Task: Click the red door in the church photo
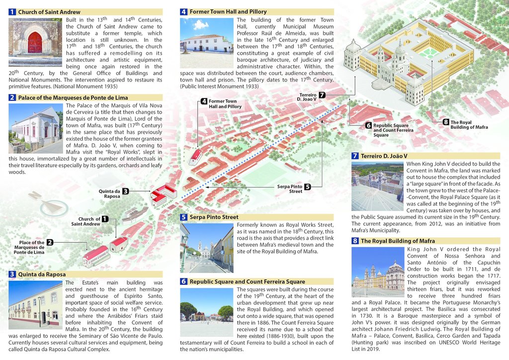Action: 35,43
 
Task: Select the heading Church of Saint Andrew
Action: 49,12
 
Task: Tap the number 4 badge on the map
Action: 204,101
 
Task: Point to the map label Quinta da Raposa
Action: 109,193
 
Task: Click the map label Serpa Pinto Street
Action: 289,188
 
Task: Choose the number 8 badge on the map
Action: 446,122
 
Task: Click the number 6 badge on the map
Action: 368,125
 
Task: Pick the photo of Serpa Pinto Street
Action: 206,248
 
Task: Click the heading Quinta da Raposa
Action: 42,274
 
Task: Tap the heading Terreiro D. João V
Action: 384,156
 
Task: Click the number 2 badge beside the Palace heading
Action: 12,97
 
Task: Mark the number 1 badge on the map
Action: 105,219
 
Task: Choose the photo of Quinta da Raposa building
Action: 35,304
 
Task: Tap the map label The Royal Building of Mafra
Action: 469,125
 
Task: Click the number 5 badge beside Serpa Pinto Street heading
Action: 183,217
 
